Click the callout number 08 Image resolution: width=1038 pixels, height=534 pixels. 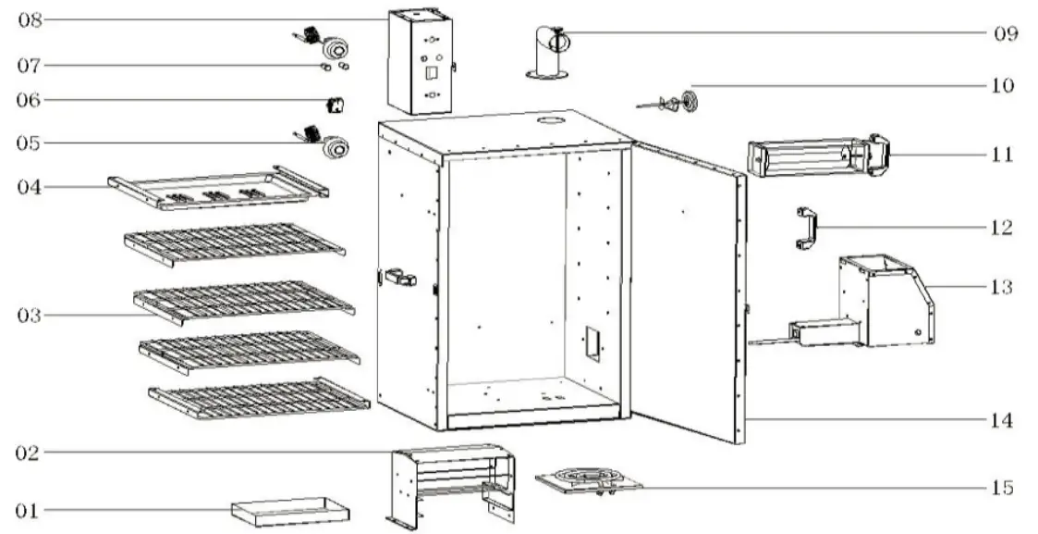point(31,19)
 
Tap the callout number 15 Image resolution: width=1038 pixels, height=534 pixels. point(1002,487)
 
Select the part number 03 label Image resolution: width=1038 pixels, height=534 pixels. point(30,316)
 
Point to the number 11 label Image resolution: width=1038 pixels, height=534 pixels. point(1002,154)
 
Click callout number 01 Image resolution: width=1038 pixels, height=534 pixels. point(30,510)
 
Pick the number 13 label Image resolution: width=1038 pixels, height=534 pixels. point(1002,287)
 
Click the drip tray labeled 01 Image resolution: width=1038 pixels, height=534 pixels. point(289,510)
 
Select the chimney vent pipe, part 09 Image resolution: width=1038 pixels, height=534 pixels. point(549,54)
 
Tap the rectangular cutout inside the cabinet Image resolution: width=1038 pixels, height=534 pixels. point(592,342)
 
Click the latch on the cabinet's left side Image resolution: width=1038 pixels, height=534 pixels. point(399,277)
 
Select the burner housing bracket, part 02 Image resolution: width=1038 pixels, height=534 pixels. point(451,482)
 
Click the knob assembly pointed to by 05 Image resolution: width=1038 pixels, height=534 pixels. point(328,144)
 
